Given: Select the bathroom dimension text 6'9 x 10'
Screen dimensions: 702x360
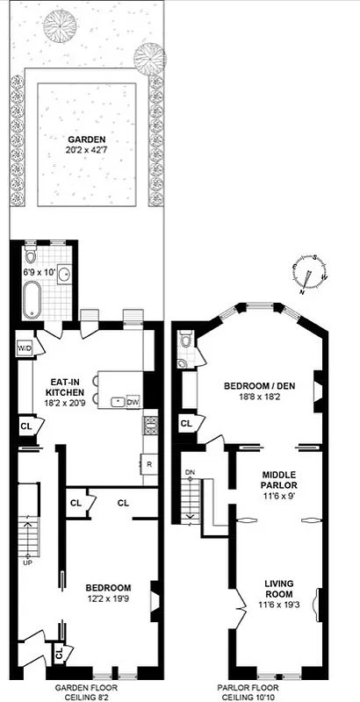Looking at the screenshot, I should (x=39, y=273).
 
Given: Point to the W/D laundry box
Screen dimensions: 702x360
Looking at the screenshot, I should (x=24, y=347).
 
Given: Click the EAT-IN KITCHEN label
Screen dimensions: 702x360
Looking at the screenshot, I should (x=71, y=387).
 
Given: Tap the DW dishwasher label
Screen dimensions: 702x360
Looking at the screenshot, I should (x=133, y=402).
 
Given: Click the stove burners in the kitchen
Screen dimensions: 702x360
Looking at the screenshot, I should (x=149, y=428).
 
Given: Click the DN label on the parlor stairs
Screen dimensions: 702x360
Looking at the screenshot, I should (x=190, y=474).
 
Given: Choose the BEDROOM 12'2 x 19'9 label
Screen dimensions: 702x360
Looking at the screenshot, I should (x=108, y=593).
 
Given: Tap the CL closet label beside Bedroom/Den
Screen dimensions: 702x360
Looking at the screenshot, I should (x=186, y=424).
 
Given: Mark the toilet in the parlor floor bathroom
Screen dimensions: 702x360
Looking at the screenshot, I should (x=184, y=341).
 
